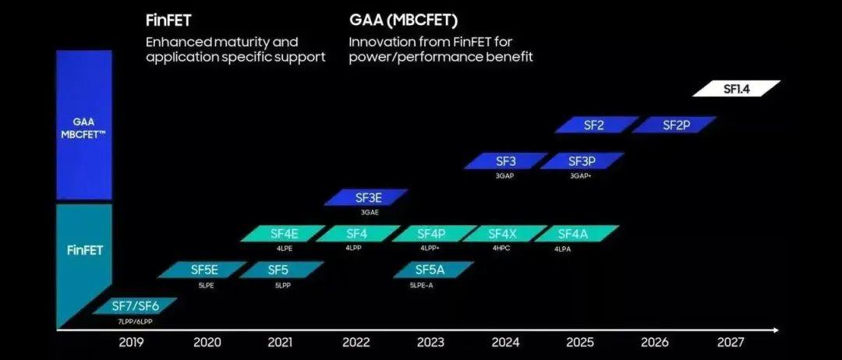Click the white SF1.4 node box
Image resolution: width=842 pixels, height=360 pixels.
point(736,89)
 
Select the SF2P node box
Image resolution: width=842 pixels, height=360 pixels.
point(674,125)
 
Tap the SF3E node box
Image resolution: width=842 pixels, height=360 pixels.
point(367,198)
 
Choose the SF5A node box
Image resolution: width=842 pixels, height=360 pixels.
point(430,270)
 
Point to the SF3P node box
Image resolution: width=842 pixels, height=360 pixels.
point(582,161)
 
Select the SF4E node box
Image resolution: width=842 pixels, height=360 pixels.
point(282,234)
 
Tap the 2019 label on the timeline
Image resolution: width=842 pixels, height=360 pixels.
point(131,342)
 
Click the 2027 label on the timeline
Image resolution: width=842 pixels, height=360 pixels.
point(730,342)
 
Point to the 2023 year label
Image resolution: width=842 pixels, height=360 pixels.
point(430,342)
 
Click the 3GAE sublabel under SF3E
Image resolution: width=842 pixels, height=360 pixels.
point(368,213)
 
